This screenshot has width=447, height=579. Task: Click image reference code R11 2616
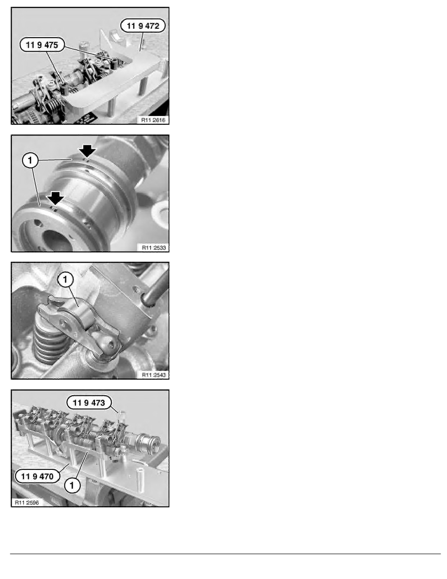pos(151,119)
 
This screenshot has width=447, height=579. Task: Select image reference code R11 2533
pos(151,247)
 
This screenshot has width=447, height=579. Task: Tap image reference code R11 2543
pos(151,374)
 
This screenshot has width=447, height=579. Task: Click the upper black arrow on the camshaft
pos(88,151)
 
